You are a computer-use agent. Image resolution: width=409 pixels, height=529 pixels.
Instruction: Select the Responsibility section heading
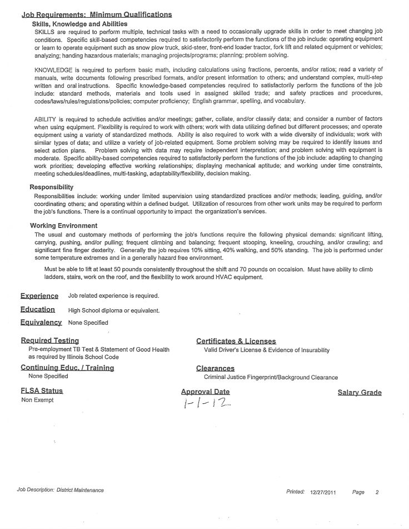click(x=51, y=187)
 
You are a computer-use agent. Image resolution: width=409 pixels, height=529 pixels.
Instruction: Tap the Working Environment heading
click(x=63, y=226)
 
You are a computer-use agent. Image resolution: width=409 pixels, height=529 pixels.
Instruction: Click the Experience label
click(x=39, y=296)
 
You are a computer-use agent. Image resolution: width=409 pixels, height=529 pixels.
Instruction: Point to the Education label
click(x=38, y=309)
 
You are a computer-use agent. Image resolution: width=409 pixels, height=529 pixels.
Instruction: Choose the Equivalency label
click(x=41, y=322)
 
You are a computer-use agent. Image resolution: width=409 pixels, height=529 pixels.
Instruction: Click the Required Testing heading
click(x=50, y=340)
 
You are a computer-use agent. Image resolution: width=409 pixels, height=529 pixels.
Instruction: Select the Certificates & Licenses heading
click(x=236, y=341)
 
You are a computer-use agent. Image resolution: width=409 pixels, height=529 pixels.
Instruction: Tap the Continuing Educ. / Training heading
click(x=67, y=368)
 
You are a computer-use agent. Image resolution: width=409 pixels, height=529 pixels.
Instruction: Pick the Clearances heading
click(x=215, y=368)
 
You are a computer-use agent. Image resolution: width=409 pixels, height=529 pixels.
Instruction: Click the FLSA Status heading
click(x=42, y=391)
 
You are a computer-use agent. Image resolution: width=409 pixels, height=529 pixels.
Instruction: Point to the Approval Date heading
click(x=205, y=392)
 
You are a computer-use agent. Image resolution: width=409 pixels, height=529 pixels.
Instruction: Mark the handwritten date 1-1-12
click(x=206, y=404)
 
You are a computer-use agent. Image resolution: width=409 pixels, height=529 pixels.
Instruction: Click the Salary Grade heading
click(x=360, y=393)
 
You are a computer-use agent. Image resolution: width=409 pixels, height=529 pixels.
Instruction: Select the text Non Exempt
click(x=38, y=401)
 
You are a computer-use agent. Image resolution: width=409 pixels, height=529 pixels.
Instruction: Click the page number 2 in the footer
click(x=377, y=492)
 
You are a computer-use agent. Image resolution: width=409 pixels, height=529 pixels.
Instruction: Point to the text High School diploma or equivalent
click(x=114, y=310)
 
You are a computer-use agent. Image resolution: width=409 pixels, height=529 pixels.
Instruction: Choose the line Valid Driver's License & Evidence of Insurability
click(x=267, y=350)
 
